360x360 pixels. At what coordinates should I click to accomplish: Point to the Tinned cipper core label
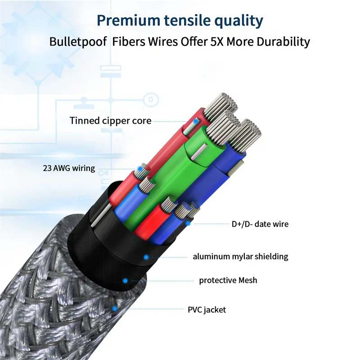tap(110, 121)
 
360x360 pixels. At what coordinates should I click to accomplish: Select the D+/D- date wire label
tap(260, 224)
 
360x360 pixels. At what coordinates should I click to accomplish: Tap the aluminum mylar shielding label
tap(240, 257)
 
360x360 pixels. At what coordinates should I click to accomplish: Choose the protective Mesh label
tap(228, 280)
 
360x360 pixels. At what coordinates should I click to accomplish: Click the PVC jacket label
tap(207, 310)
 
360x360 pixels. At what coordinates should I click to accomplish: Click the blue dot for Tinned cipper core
tap(195, 121)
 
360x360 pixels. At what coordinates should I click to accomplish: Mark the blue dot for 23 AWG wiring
tap(139, 169)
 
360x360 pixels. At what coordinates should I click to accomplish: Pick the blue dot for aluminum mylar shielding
tap(146, 257)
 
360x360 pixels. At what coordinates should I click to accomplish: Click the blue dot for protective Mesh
tap(125, 280)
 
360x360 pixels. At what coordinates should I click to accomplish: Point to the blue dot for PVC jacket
tap(115, 309)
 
